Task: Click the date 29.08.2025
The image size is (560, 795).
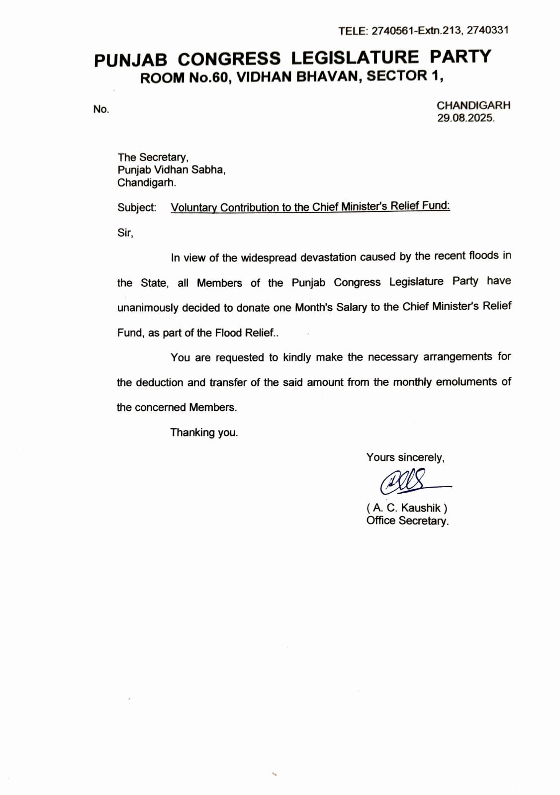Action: [466, 118]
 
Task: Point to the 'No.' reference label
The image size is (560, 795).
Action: [101, 109]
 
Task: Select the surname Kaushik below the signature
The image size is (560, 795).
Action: [421, 508]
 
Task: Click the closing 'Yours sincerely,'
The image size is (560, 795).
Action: [405, 457]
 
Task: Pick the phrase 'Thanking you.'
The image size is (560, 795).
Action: [204, 433]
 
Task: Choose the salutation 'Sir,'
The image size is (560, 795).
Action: [125, 233]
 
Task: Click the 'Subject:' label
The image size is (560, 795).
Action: [137, 208]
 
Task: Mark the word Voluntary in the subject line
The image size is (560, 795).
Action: [194, 208]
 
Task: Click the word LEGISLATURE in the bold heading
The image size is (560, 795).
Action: [355, 57]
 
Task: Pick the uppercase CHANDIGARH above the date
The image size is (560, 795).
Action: [473, 105]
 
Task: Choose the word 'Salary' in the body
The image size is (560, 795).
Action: [351, 307]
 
